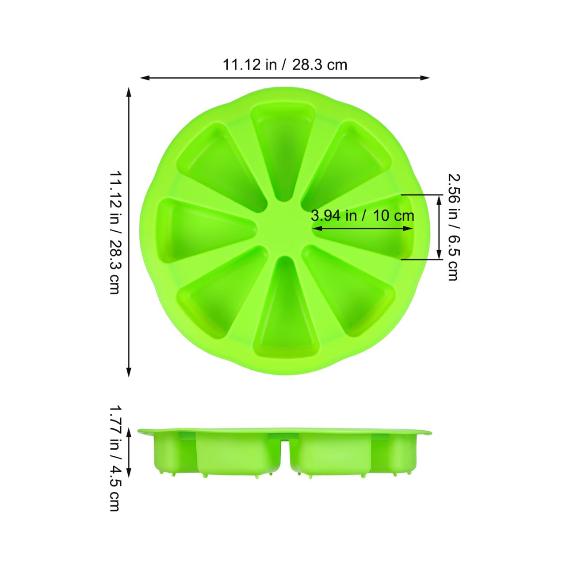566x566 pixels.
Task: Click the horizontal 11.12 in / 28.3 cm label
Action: click(285, 65)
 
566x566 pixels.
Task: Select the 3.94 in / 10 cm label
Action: click(363, 216)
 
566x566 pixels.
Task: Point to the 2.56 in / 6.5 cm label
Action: click(454, 227)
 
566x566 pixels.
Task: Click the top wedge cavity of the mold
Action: click(283, 150)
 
